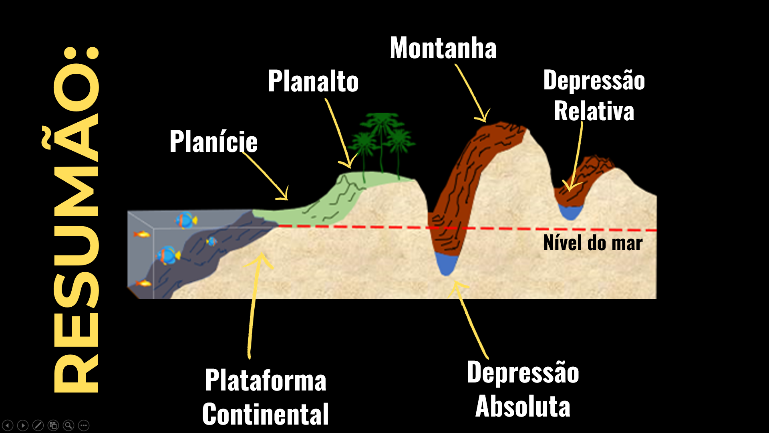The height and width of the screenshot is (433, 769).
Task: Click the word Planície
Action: click(x=213, y=142)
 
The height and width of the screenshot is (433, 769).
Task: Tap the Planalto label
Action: click(x=313, y=81)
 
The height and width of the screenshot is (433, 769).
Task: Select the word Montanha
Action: click(x=443, y=48)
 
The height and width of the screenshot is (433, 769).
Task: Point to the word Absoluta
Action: click(x=523, y=406)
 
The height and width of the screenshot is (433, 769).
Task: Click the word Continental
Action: click(x=266, y=414)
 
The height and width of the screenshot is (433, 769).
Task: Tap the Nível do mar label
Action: click(x=593, y=243)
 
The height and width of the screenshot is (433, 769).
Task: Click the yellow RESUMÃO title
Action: click(x=76, y=220)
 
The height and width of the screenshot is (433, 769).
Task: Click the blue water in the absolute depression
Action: click(x=446, y=263)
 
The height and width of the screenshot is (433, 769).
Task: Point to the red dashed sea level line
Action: click(x=360, y=227)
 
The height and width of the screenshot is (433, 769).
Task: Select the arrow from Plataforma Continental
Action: click(x=253, y=305)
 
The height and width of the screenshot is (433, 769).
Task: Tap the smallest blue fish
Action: click(x=211, y=241)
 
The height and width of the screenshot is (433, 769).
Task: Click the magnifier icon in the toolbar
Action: click(x=68, y=425)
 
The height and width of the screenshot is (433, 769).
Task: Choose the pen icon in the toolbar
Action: click(x=38, y=425)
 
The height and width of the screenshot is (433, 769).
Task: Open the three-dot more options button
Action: click(x=84, y=425)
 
